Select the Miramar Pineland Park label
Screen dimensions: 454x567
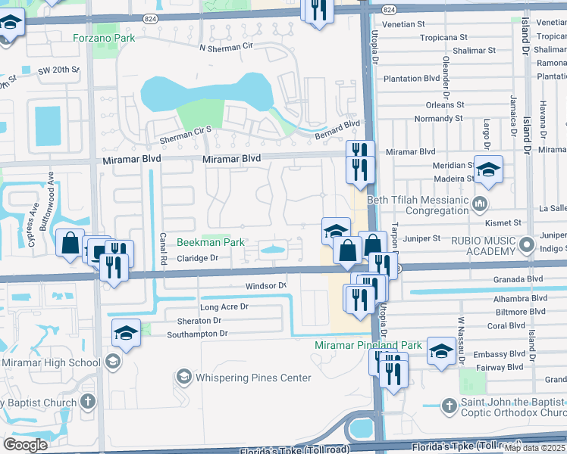pyautogui.click(x=368, y=345)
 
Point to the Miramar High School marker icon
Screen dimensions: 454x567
pyautogui.click(x=112, y=362)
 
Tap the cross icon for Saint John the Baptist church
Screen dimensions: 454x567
pyautogui.click(x=448, y=406)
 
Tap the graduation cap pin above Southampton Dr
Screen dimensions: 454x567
pyautogui.click(x=127, y=332)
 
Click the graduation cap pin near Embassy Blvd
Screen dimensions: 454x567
pyautogui.click(x=441, y=350)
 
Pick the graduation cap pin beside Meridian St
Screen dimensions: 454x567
pyautogui.click(x=489, y=170)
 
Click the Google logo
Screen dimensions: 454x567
pyautogui.click(x=26, y=444)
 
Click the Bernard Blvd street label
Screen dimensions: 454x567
pyautogui.click(x=337, y=130)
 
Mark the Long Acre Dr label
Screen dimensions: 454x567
pyautogui.click(x=224, y=307)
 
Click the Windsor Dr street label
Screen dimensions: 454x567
pyautogui.click(x=265, y=286)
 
